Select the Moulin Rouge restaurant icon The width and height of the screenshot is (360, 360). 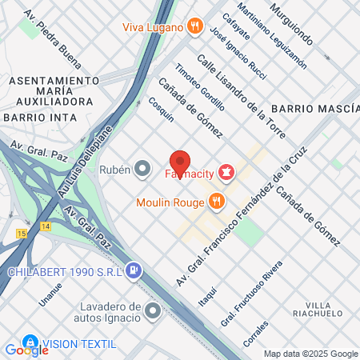215,201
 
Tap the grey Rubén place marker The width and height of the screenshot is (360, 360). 143,169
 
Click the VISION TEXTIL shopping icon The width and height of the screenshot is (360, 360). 30,342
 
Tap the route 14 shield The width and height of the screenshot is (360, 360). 44,227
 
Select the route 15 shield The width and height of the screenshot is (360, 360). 22,233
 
